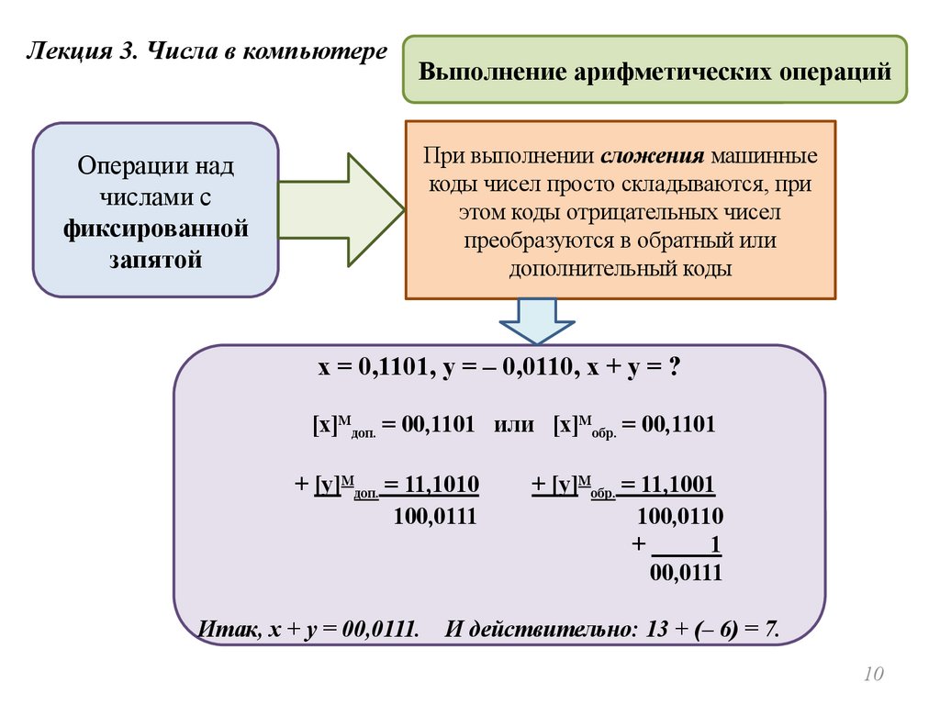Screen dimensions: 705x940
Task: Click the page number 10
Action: click(872, 676)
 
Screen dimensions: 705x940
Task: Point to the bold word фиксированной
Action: click(156, 227)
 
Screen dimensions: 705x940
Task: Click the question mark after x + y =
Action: click(674, 367)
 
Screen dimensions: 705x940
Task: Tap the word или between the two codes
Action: click(514, 425)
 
